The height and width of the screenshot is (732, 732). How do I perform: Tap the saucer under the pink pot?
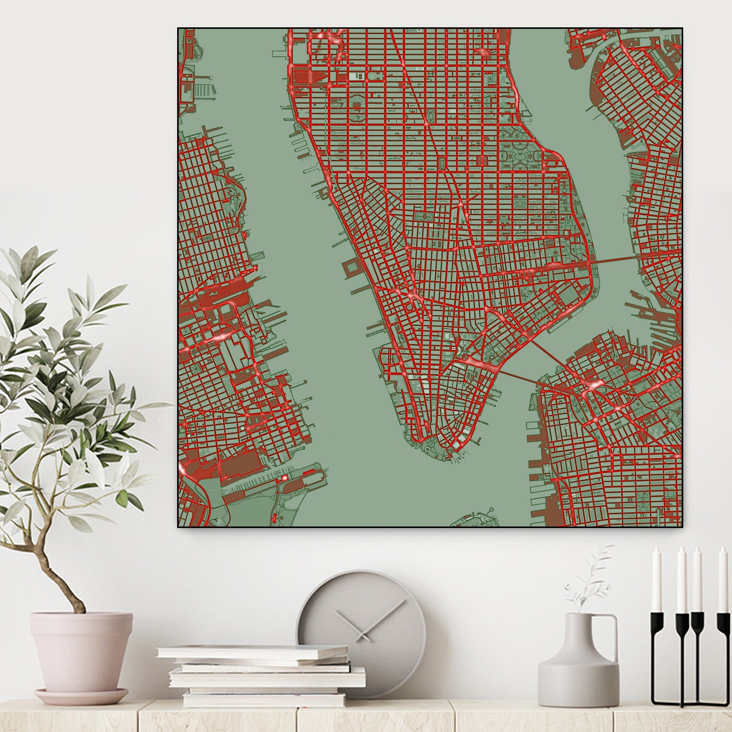tap(81, 695)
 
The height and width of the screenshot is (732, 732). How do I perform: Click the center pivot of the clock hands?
tap(362, 635)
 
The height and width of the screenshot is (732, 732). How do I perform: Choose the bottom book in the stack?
tap(264, 699)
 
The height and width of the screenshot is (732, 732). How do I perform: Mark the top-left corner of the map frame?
tap(178, 28)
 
